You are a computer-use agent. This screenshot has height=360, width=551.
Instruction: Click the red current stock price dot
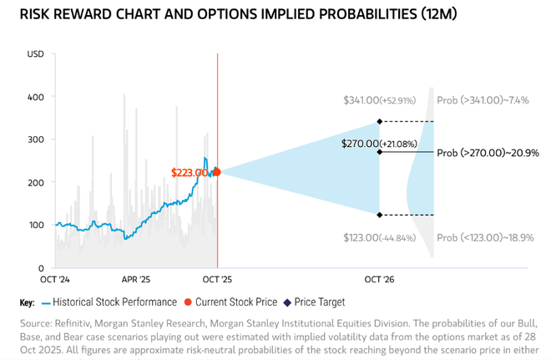tap(217, 172)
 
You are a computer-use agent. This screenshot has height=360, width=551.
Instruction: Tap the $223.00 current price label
tap(190, 173)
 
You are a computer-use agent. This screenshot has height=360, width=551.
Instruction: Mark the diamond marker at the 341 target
tap(380, 122)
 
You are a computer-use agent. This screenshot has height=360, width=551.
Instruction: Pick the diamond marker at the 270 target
tap(380, 152)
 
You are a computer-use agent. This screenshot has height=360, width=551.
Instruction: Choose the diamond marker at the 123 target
tap(380, 215)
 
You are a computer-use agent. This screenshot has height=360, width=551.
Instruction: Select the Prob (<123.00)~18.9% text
tap(484, 238)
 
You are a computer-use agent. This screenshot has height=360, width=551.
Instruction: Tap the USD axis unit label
tap(36, 55)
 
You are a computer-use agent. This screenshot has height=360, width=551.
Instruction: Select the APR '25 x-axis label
tap(135, 280)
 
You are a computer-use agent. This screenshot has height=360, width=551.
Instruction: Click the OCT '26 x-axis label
tap(380, 280)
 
